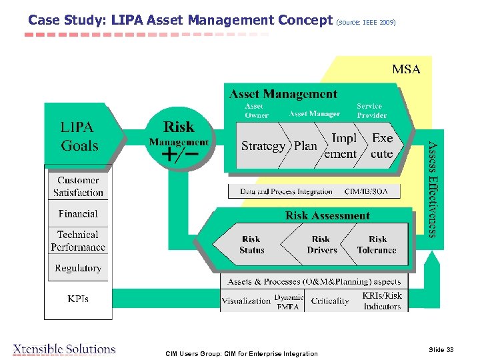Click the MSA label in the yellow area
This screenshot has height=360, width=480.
tap(406, 69)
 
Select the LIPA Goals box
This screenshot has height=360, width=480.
tap(79, 136)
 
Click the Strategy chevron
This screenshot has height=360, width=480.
tap(263, 146)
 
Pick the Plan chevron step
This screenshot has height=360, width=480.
tap(306, 146)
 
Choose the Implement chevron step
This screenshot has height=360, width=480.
tap(344, 146)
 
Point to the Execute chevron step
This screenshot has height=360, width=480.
tap(382, 146)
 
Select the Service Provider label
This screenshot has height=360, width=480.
tap(371, 111)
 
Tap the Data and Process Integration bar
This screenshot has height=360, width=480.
tap(318, 192)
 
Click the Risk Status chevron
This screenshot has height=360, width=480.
tap(252, 245)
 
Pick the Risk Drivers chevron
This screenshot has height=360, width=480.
tap(321, 245)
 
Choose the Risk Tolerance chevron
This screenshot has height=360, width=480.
tap(377, 245)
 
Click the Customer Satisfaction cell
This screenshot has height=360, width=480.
tap(78, 187)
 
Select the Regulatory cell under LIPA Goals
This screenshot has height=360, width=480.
tap(78, 268)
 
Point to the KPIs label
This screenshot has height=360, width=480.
tap(78, 299)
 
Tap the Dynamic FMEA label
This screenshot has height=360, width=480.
tap(289, 302)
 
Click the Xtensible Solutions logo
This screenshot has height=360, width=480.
tap(65, 349)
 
